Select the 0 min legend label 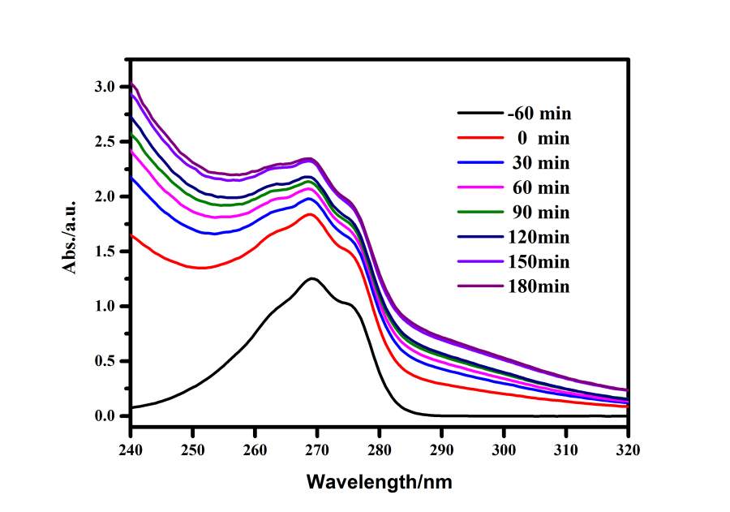541,139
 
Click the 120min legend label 537,238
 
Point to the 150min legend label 537,262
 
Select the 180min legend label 537,287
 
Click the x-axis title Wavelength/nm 379,482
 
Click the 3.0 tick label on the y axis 107,87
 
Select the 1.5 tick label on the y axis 107,252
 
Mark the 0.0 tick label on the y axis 107,416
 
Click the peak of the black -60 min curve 312,278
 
